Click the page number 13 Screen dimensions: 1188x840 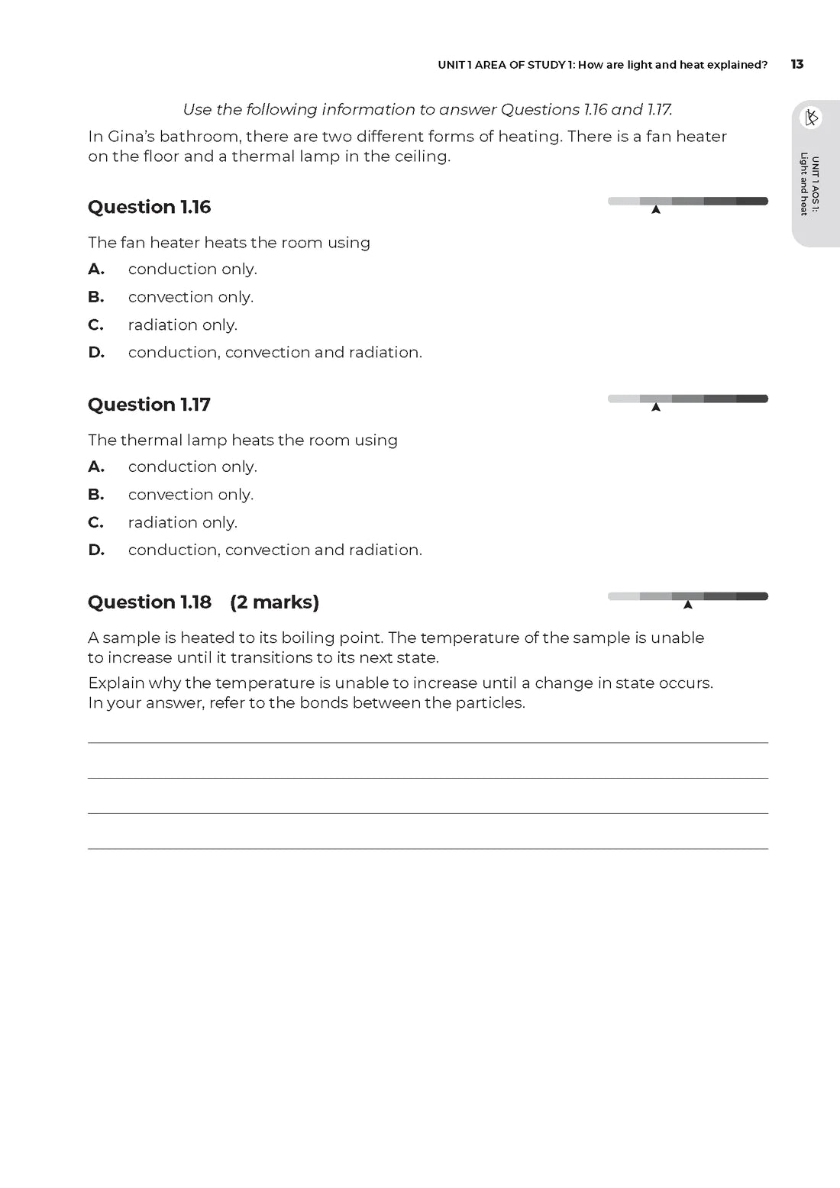[x=797, y=64]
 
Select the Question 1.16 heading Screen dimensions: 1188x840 [x=149, y=207]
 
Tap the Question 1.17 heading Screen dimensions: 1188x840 [x=149, y=405]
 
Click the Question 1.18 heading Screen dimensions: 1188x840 [x=149, y=602]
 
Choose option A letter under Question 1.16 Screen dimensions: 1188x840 [x=95, y=269]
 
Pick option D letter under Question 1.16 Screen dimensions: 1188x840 [x=96, y=352]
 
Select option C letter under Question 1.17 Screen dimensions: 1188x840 [x=95, y=522]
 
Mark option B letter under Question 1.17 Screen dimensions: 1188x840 [x=95, y=495]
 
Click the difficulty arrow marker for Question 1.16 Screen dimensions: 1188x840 [x=656, y=209]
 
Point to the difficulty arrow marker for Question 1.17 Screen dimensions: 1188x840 [x=656, y=407]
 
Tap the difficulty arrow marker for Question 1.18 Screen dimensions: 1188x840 [x=688, y=605]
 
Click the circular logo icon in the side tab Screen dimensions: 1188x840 [x=811, y=118]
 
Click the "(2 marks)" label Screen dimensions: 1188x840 [x=274, y=602]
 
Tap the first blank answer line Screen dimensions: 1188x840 [x=428, y=742]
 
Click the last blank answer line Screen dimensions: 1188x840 [x=428, y=848]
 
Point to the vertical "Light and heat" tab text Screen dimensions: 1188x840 [x=804, y=185]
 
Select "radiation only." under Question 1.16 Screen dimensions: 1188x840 [x=183, y=324]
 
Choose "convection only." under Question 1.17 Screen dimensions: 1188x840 [x=190, y=495]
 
